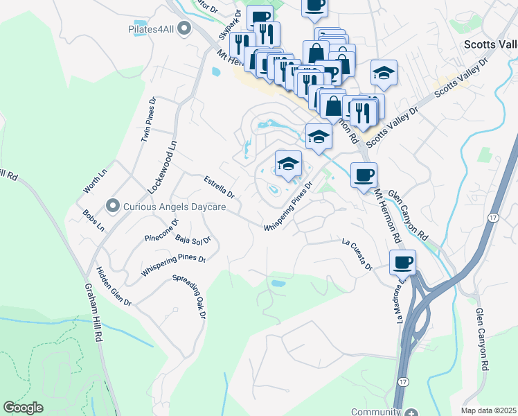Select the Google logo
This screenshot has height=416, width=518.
(x=24, y=408)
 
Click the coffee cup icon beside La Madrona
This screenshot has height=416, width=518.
(x=402, y=263)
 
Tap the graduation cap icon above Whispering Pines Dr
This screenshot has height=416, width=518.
(x=289, y=164)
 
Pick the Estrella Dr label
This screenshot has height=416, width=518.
(x=219, y=186)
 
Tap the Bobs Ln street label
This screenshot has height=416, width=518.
(x=93, y=220)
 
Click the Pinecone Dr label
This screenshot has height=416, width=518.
(x=161, y=230)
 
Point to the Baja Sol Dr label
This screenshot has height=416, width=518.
(x=193, y=240)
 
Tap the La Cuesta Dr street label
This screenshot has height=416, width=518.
(x=357, y=254)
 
